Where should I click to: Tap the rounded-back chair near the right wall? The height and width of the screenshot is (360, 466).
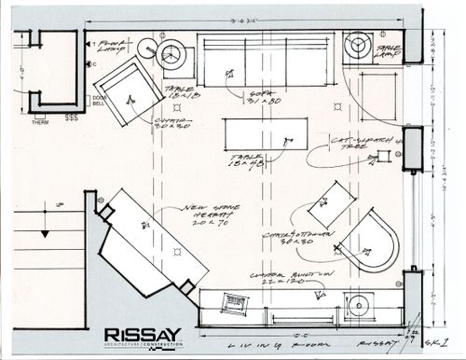[371, 242]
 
